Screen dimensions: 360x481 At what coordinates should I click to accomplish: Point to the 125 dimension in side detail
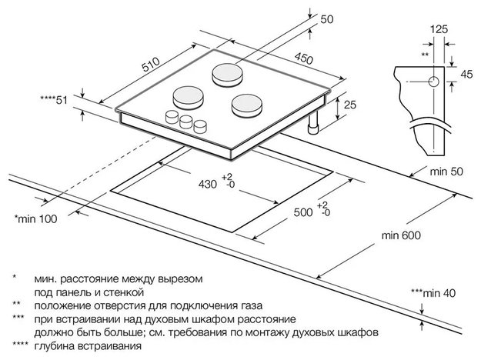pyautogui.click(x=439, y=29)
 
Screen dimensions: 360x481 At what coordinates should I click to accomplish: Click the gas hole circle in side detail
pyautogui.click(x=433, y=80)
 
